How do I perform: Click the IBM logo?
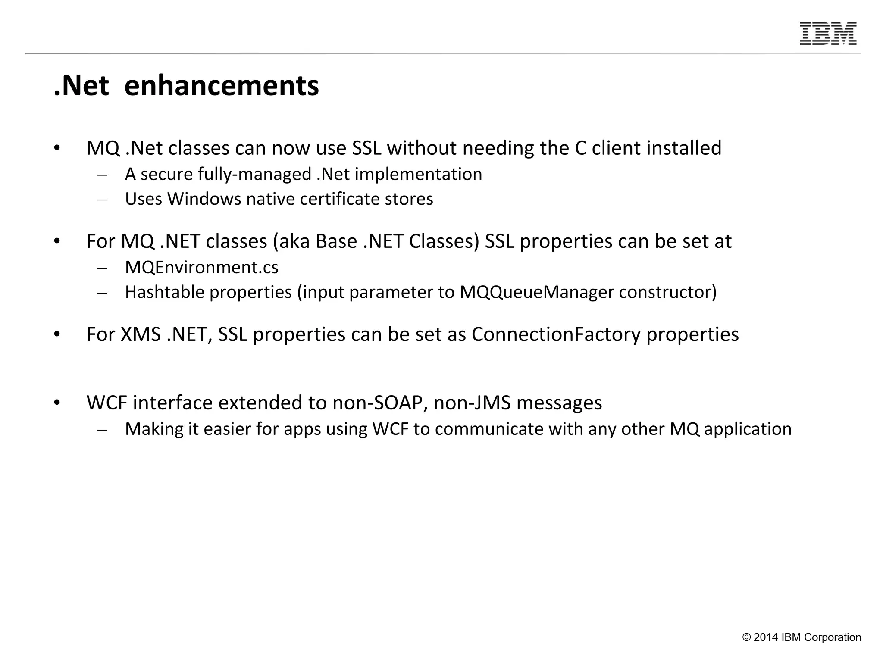click(x=828, y=34)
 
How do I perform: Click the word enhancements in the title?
click(x=222, y=86)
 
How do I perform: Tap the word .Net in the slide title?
click(x=81, y=86)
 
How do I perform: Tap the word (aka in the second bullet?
click(x=291, y=241)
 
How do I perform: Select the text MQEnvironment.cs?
click(x=202, y=267)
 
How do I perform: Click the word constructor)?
click(x=667, y=292)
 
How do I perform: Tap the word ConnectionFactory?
click(x=556, y=334)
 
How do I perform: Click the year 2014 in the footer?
click(x=766, y=637)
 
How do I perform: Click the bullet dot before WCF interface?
click(x=57, y=403)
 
